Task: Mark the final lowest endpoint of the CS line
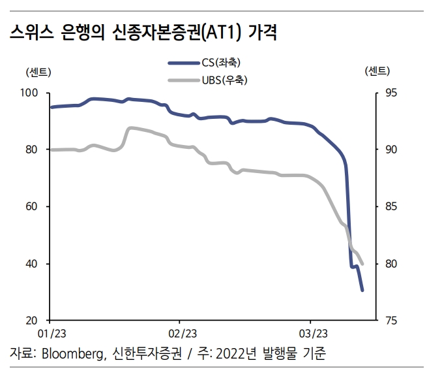point(362,290)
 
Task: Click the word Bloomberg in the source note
point(71,355)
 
